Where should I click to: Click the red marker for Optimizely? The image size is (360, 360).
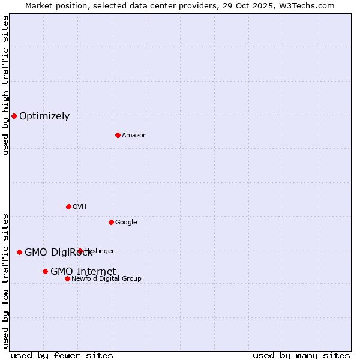14,116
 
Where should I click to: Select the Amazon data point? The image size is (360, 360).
118,135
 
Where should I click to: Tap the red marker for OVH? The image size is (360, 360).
68,206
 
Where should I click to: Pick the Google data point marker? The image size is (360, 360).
111,222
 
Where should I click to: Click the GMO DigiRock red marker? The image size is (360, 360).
19,252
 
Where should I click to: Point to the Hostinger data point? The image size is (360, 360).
80,251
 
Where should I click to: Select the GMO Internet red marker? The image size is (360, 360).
45,271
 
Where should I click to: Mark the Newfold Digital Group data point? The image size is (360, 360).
67,278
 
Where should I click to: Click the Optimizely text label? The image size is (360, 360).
44,116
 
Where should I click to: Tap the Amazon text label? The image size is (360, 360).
134,136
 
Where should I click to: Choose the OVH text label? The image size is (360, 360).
80,207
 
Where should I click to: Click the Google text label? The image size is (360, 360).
126,223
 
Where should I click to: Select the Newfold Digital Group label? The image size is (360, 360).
106,279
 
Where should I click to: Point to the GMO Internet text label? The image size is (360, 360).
83,272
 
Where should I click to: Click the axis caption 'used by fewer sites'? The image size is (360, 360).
62,355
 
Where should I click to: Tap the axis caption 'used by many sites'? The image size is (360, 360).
301,355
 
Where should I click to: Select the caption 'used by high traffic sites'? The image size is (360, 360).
5,85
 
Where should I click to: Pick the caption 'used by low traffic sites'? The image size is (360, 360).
5,281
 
